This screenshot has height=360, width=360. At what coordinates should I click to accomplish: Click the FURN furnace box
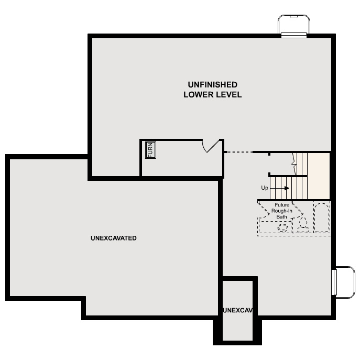(x=150, y=150)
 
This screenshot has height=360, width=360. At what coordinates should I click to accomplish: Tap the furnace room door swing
(x=211, y=145)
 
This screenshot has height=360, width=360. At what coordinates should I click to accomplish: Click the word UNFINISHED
(x=213, y=84)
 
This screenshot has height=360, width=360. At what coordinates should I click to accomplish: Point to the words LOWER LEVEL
(x=212, y=95)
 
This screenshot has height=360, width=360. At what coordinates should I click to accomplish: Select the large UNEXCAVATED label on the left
(x=113, y=238)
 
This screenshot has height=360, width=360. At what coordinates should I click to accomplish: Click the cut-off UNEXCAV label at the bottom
(x=238, y=310)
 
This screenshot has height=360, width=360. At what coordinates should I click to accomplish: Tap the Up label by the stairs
(x=265, y=188)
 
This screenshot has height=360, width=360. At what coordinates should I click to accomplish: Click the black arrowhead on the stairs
(x=286, y=188)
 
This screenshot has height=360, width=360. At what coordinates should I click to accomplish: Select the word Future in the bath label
(x=282, y=205)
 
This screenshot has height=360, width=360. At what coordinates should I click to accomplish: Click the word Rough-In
(x=282, y=211)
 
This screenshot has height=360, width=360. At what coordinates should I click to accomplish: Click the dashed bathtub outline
(x=322, y=217)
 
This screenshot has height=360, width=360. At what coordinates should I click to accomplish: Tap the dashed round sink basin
(x=283, y=227)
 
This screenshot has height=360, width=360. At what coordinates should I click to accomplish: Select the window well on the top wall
(x=293, y=25)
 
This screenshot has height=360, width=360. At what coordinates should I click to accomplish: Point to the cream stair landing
(x=319, y=176)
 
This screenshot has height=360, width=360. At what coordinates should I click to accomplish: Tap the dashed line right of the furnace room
(x=238, y=152)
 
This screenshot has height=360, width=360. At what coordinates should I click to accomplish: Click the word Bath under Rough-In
(x=282, y=216)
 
